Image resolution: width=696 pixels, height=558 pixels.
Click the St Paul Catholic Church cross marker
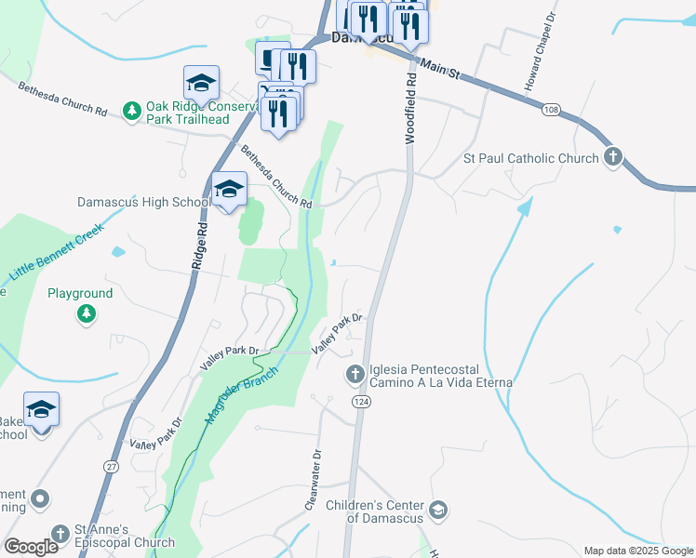point(612,158)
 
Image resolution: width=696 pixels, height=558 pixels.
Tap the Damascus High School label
point(144,202)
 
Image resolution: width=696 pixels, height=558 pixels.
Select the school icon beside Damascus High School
point(229,191)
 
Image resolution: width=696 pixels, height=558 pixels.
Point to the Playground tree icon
point(87,314)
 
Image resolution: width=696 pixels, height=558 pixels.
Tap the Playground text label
point(80,293)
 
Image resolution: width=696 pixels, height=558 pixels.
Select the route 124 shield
point(359,400)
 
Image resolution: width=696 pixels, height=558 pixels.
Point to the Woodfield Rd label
point(408,110)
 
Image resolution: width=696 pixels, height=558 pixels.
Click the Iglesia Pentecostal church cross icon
point(355,375)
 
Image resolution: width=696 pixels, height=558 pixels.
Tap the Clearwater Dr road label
point(314,481)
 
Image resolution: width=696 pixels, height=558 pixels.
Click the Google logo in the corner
point(31,547)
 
